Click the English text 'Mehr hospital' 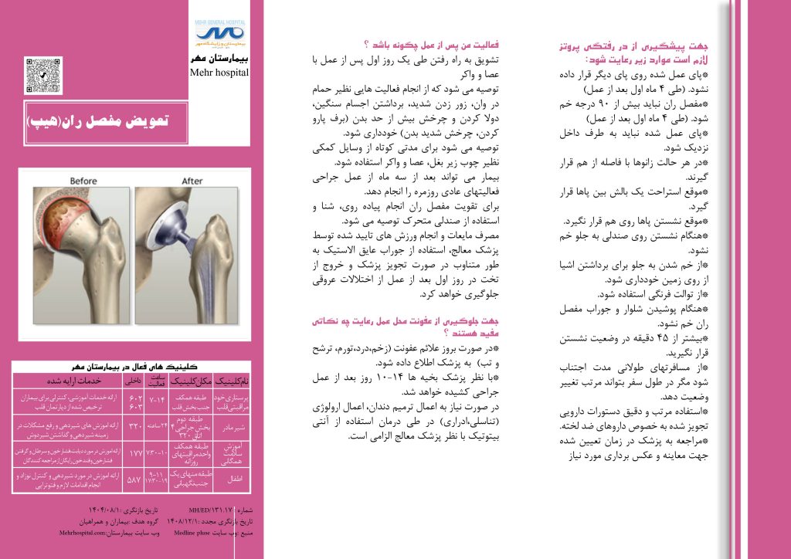point(219,73)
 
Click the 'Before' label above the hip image point(83,181)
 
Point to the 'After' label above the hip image point(192,181)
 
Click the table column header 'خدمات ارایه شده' point(64,381)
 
